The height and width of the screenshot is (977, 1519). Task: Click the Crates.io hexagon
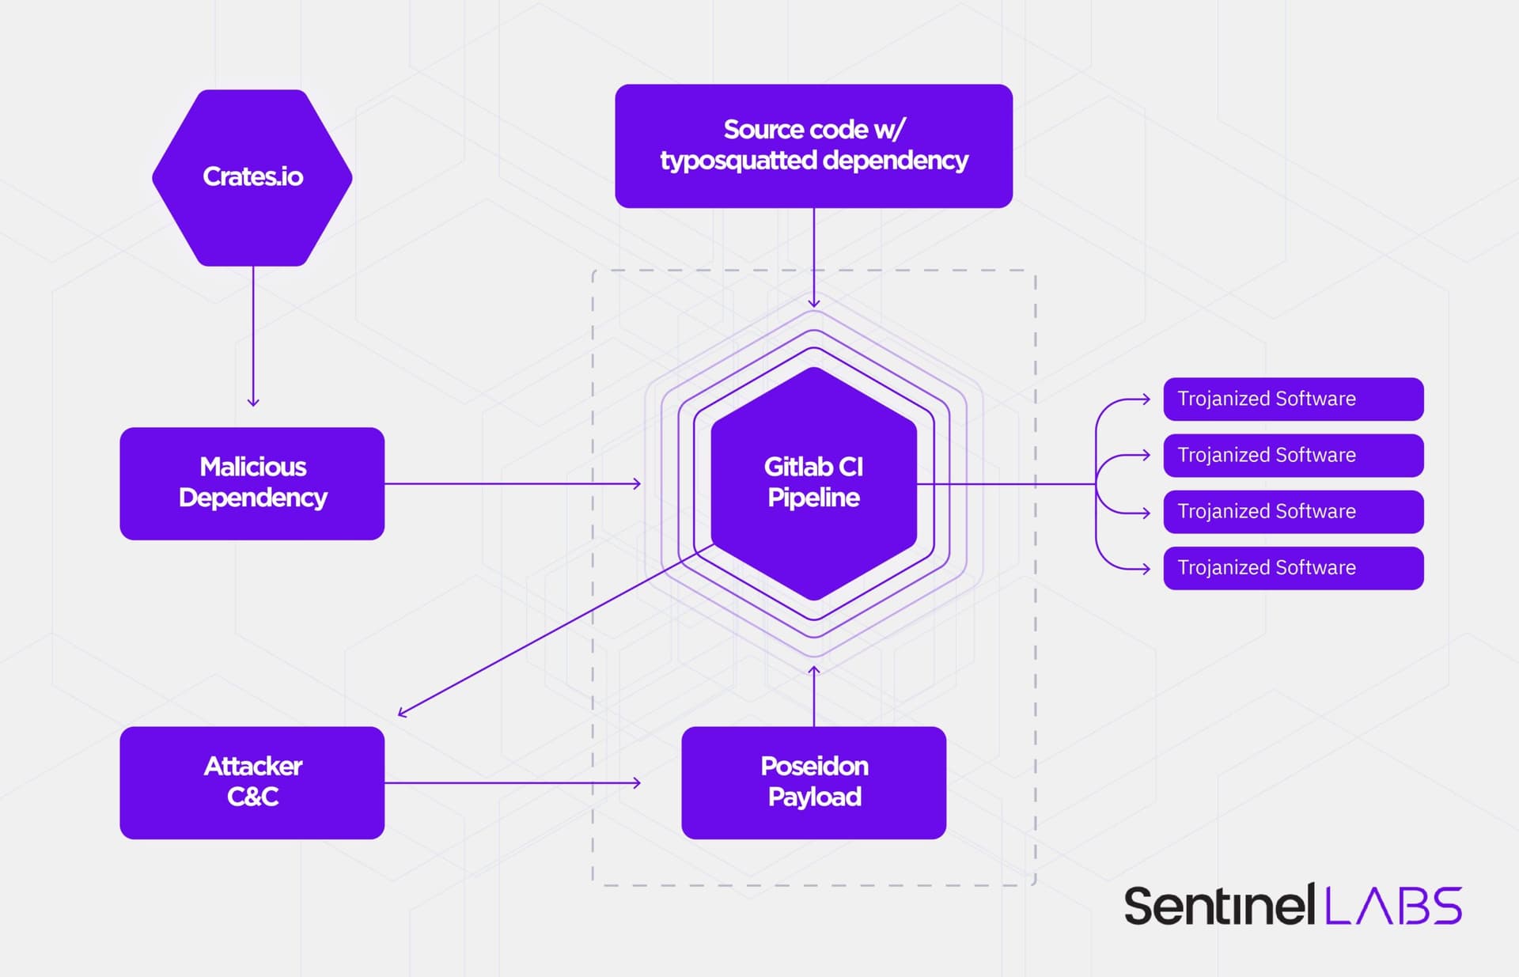252,177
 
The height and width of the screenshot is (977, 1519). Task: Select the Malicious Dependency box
252,483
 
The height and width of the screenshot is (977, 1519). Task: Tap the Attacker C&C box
252,782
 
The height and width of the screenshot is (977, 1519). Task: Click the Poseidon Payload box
813,782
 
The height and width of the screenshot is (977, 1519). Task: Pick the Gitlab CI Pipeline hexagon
813,483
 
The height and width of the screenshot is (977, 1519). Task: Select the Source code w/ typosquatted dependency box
813,146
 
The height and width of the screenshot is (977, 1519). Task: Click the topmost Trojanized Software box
1293,399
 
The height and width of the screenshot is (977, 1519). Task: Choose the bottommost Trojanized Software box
1293,567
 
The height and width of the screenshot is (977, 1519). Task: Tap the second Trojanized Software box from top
1293,455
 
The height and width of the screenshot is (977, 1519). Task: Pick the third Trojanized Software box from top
1293,511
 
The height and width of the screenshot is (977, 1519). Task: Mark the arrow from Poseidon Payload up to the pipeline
813,696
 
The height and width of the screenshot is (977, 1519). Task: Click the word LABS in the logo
1392,906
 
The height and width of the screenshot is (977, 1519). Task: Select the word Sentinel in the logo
1218,906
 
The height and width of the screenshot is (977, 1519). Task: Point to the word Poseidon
814,766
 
